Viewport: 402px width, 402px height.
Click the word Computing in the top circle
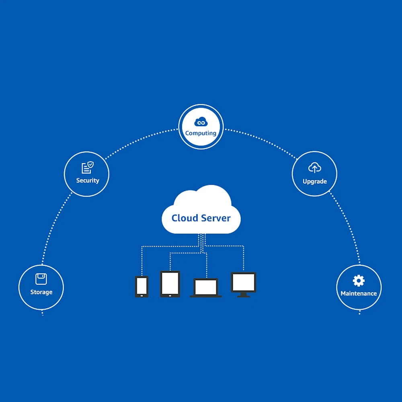[201, 133]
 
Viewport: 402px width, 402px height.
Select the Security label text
[88, 180]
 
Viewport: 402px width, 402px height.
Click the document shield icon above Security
[87, 168]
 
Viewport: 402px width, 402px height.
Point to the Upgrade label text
[314, 181]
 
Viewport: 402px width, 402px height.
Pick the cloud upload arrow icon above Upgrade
[314, 168]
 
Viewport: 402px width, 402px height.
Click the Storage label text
[41, 292]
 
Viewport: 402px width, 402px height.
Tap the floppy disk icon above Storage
[41, 279]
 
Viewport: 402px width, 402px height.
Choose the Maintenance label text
[359, 293]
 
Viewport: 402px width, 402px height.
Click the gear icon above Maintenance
[358, 281]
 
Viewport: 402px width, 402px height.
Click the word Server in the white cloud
[216, 218]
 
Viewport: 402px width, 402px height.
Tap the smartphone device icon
[142, 287]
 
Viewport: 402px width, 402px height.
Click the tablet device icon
[170, 283]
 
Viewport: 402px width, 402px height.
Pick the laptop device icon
[206, 288]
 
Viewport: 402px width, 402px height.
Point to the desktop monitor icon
[244, 282]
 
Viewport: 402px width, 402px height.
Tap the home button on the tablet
[170, 295]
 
